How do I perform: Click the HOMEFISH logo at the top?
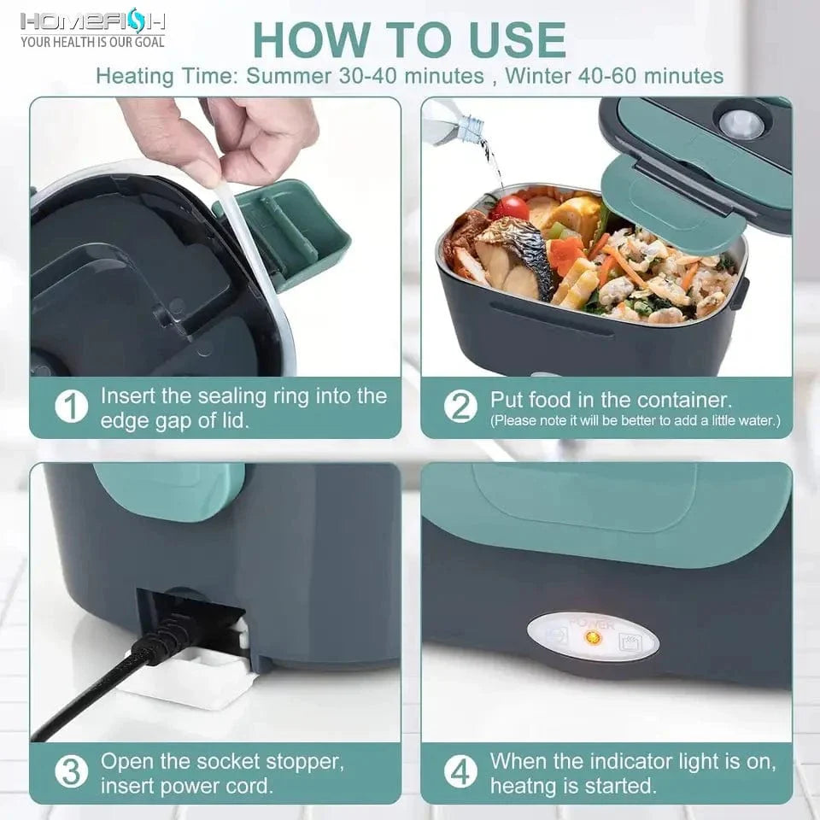point(92,20)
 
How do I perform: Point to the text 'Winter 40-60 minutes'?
point(614,75)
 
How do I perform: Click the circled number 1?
point(72,407)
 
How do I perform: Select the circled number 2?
point(461,407)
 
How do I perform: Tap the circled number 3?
point(72,772)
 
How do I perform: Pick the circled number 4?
point(461,772)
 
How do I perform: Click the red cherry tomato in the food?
point(510,207)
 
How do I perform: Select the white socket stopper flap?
point(184,679)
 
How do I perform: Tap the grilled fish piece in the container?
point(512,256)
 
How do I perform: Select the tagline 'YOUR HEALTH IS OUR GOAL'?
point(92,41)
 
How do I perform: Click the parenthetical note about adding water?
point(635,421)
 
